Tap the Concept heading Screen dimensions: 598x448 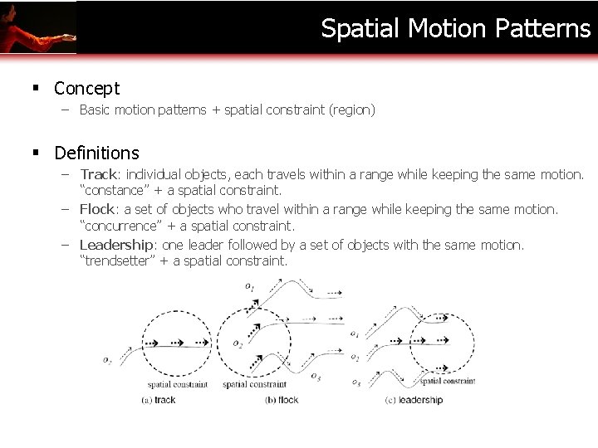point(87,88)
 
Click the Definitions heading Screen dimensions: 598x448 point(96,153)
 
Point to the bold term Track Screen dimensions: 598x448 point(98,175)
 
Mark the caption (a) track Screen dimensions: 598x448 point(159,400)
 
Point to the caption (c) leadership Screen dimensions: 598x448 point(414,400)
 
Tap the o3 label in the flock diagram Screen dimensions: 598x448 point(316,377)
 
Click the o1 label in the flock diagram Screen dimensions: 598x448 point(250,286)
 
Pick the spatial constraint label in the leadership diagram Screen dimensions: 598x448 point(448,382)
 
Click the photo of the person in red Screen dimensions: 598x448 point(37,27)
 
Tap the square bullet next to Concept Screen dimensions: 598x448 point(38,88)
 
